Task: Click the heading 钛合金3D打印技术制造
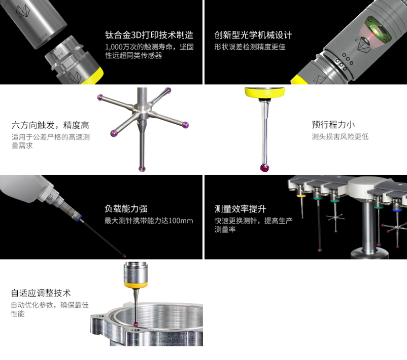149,35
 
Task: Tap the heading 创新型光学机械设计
253,35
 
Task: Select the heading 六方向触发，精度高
50,125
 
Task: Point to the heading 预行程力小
333,125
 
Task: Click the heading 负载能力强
126,208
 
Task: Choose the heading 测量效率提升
240,208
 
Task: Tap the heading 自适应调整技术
41,293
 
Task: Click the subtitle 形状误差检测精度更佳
250,47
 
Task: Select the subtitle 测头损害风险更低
340,137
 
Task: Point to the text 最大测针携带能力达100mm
149,221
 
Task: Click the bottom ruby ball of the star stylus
142,169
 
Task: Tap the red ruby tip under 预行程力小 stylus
264,167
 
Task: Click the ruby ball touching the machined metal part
136,325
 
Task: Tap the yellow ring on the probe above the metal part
135,285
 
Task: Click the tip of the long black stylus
125,256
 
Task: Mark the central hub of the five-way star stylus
142,111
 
